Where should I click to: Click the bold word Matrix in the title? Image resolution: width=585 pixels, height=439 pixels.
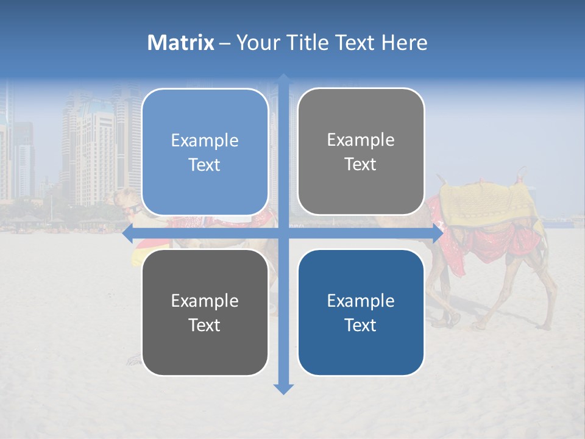point(181,43)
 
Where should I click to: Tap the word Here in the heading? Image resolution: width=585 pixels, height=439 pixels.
point(404,43)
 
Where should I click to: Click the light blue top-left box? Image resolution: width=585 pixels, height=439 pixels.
point(205,152)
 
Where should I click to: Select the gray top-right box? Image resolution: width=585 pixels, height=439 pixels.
point(361,152)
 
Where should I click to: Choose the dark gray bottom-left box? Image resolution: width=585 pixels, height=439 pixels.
point(205,313)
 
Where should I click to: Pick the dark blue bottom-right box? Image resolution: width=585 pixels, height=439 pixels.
point(361,313)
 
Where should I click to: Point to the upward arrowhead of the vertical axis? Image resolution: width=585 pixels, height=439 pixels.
point(283,79)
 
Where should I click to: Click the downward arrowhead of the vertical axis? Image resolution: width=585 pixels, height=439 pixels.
point(283,388)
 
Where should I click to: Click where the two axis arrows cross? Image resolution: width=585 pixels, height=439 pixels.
point(283,233)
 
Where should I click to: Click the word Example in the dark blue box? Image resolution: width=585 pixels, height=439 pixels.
point(361,301)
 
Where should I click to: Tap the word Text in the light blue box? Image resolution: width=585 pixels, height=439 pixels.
point(205,165)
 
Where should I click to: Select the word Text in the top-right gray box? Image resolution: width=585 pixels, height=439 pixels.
point(361,165)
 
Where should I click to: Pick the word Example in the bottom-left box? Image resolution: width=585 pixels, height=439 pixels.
point(205,301)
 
